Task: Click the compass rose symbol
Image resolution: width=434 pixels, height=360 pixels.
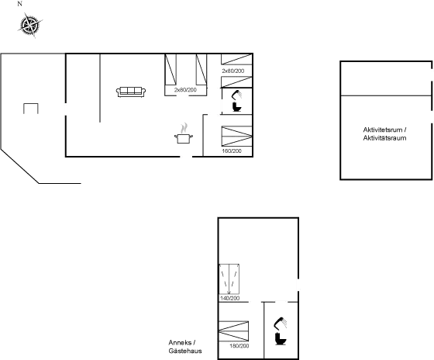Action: tap(29, 26)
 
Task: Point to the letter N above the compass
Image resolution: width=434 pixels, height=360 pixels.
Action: tap(19, 4)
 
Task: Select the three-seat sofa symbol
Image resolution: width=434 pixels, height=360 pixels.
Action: tap(131, 92)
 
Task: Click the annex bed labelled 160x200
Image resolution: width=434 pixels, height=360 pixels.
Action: tap(234, 331)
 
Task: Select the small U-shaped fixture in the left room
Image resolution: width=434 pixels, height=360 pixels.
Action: tap(31, 108)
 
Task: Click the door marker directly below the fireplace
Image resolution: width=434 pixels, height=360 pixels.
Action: tap(185, 157)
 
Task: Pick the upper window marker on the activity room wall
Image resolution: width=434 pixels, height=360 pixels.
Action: tap(431, 76)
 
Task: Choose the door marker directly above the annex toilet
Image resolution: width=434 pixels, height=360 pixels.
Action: tap(282, 301)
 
